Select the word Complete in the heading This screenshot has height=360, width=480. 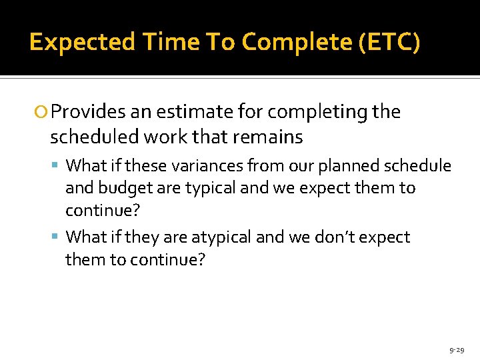[296, 42]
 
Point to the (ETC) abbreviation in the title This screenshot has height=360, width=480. [389, 42]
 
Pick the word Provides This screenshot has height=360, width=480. [86, 112]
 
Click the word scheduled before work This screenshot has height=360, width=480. [89, 137]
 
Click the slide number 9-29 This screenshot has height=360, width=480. [457, 349]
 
